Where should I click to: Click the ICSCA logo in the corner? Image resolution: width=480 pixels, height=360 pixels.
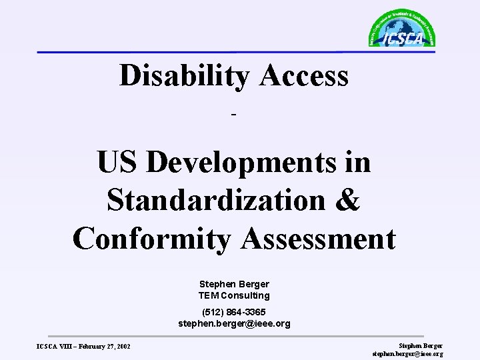point(401,30)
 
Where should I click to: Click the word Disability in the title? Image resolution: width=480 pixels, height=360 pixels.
point(184,75)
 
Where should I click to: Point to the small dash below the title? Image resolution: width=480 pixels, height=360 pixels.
point(233,116)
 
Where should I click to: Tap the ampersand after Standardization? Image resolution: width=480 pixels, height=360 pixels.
point(349,201)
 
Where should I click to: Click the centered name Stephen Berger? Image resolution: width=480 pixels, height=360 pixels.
point(234,283)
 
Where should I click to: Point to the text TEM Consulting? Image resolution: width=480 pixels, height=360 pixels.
point(234,294)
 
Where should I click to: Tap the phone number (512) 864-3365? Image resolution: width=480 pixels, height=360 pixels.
point(234,312)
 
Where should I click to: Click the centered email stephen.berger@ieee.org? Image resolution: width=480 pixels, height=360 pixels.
point(234,323)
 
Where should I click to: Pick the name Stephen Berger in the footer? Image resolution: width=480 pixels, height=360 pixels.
point(420,345)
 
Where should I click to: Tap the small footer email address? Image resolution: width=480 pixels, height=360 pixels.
point(407,353)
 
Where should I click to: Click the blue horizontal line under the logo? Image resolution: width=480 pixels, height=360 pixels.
point(200,51)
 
